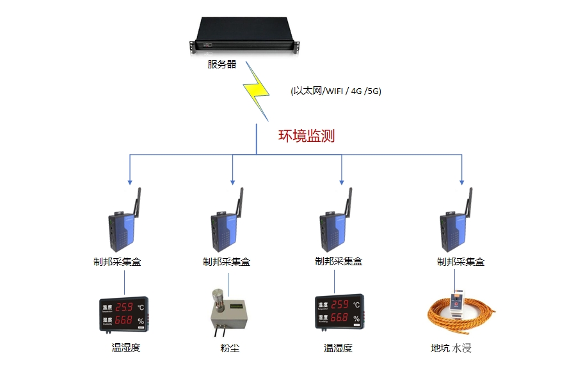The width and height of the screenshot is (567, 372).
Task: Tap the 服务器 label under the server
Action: (221, 65)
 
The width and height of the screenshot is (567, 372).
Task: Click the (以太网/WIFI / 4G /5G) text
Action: (335, 91)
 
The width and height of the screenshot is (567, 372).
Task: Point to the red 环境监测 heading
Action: (306, 136)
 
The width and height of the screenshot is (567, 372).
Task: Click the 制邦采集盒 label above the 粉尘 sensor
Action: (226, 261)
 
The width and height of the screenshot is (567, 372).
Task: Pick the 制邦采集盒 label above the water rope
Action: (460, 261)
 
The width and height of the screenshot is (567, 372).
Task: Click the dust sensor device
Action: (230, 313)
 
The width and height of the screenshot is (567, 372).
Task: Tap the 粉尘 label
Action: (230, 348)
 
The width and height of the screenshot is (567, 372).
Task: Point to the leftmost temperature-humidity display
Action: (124, 313)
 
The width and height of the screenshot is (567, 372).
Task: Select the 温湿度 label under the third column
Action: (338, 348)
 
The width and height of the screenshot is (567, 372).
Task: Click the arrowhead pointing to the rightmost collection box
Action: (461, 181)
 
